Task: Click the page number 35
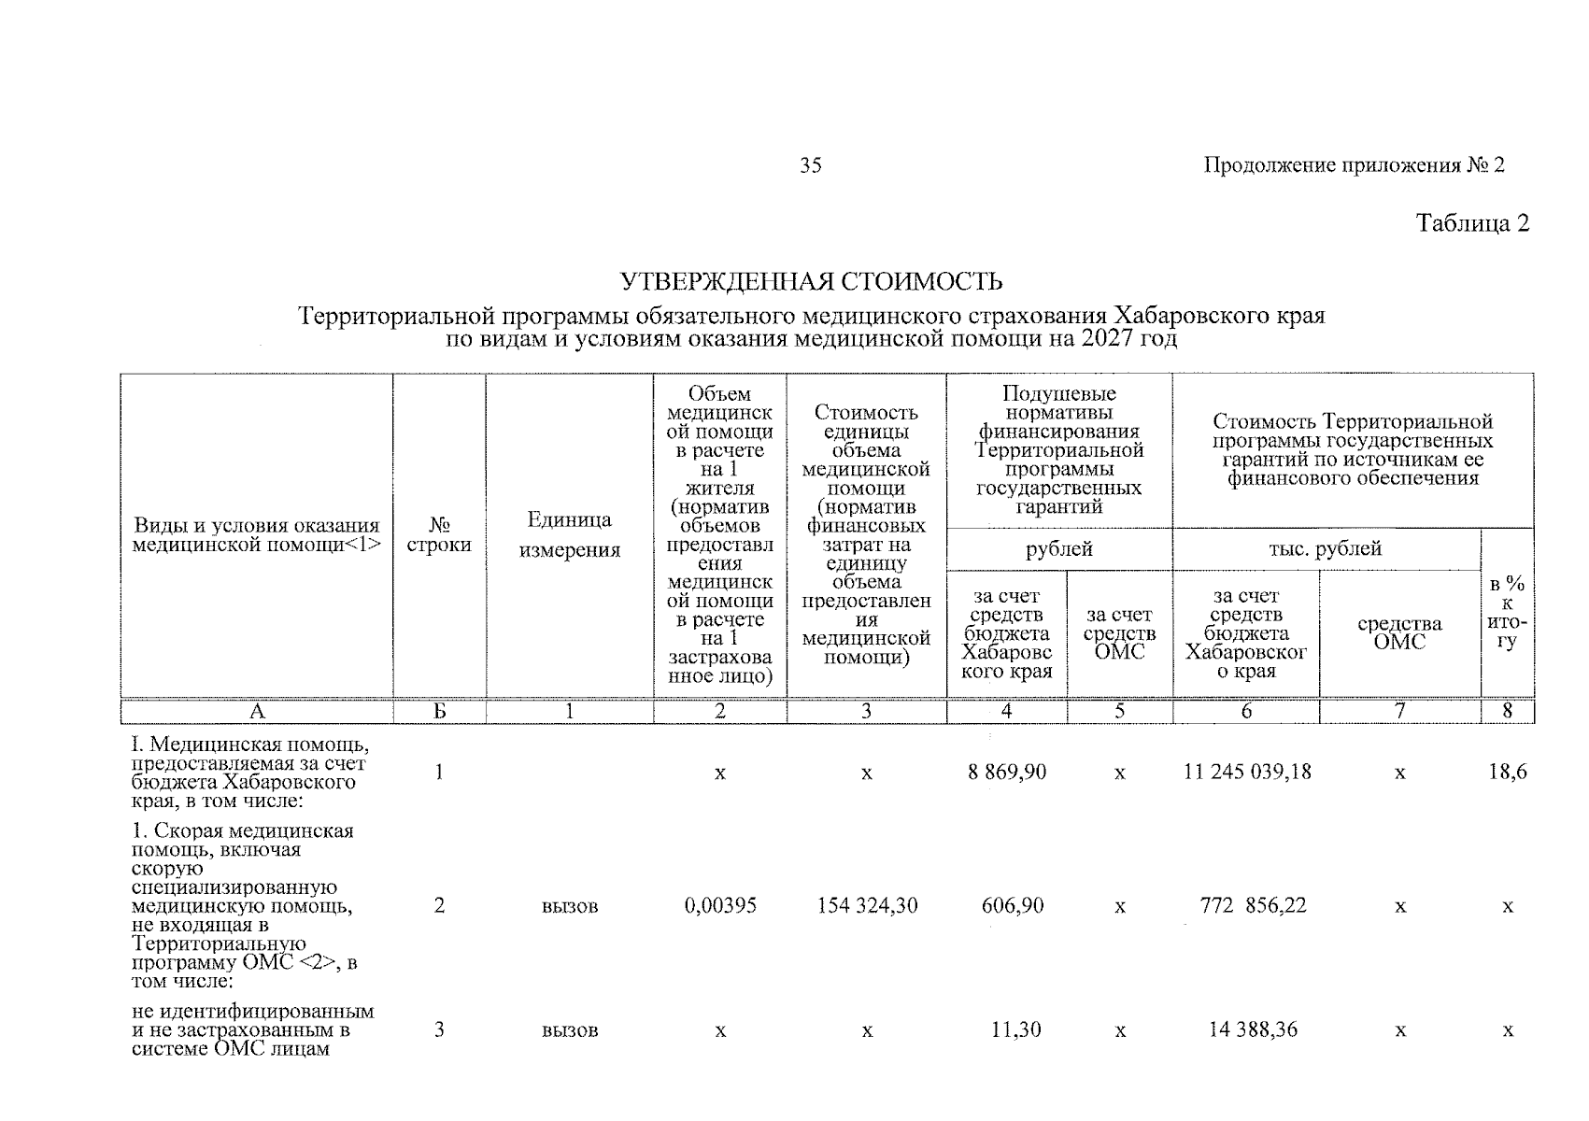810,166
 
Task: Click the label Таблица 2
1472,224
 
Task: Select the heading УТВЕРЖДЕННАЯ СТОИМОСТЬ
812,281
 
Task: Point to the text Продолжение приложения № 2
1354,166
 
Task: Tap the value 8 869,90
1006,773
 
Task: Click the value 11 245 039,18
1245,773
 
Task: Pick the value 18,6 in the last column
1507,773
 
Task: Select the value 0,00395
719,906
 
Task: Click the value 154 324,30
866,906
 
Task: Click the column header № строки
439,535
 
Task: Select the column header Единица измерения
569,535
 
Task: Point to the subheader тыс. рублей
1325,549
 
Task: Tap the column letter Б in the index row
439,712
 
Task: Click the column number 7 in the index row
1398,712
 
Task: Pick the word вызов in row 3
569,1031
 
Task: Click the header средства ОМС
1398,632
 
